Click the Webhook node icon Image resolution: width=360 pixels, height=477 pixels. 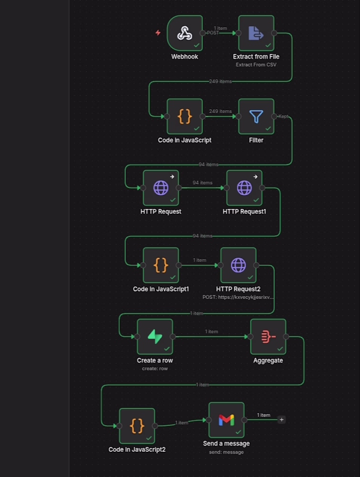(185, 33)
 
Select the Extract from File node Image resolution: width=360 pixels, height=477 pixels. (256, 33)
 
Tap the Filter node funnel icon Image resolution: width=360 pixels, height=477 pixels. (256, 116)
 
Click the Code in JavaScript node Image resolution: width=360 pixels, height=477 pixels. (185, 116)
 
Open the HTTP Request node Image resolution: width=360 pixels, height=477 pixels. (161, 187)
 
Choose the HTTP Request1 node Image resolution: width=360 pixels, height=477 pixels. (244, 187)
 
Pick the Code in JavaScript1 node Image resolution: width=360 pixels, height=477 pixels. (161, 265)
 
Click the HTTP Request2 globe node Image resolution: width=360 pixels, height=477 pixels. (238, 265)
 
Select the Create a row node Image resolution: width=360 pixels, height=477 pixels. (155, 336)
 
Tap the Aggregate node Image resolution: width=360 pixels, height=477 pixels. (268, 336)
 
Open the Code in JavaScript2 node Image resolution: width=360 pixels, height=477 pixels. (137, 426)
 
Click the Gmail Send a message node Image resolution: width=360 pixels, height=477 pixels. (226, 420)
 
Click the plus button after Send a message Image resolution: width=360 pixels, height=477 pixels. (281, 420)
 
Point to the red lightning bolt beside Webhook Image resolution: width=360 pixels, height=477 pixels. (158, 32)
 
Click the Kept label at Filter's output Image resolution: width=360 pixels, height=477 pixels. (283, 116)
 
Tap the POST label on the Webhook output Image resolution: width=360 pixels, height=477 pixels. (213, 33)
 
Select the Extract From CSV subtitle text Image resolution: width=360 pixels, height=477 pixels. (256, 65)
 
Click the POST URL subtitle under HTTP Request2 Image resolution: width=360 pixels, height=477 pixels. (238, 297)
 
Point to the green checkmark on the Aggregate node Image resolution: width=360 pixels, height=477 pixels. (280, 349)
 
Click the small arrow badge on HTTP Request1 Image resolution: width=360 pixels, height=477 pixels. (255, 176)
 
